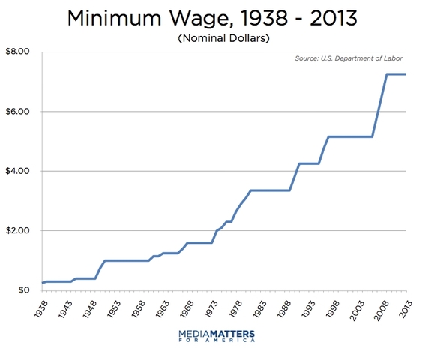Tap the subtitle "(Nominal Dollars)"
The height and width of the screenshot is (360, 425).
[x=212, y=38]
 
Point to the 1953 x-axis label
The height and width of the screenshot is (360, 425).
[x=112, y=307]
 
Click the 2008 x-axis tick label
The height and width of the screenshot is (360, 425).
[x=379, y=307]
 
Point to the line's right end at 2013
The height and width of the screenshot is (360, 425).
[x=406, y=74]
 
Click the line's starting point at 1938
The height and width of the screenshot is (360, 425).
[x=43, y=283]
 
